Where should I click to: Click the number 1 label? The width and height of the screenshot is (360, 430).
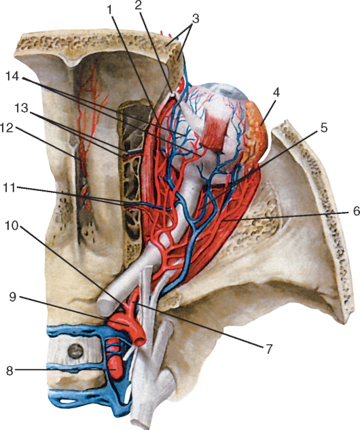tap(110, 10)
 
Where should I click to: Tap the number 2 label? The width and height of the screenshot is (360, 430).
tap(139, 5)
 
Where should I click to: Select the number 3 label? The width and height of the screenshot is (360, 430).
tap(196, 19)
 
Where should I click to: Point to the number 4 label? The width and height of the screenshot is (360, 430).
tap(276, 93)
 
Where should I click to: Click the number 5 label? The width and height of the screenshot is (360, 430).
tap(324, 128)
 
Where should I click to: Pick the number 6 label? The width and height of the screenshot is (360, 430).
tap(356, 211)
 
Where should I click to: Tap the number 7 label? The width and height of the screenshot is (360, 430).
tap(269, 349)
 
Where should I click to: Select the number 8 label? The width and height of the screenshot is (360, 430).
tap(10, 372)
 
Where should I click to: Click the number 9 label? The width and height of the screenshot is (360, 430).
tap(13, 297)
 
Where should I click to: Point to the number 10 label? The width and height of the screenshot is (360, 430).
tap(12, 226)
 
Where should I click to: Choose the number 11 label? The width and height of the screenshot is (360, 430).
tap(10, 188)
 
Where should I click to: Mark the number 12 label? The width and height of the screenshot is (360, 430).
tap(7, 128)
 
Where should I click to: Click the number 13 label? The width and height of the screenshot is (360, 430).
tap(21, 109)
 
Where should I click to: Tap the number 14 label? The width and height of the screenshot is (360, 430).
tap(13, 76)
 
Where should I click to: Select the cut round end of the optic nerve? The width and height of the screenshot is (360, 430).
tap(105, 307)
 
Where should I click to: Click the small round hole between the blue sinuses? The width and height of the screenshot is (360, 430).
tap(75, 351)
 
